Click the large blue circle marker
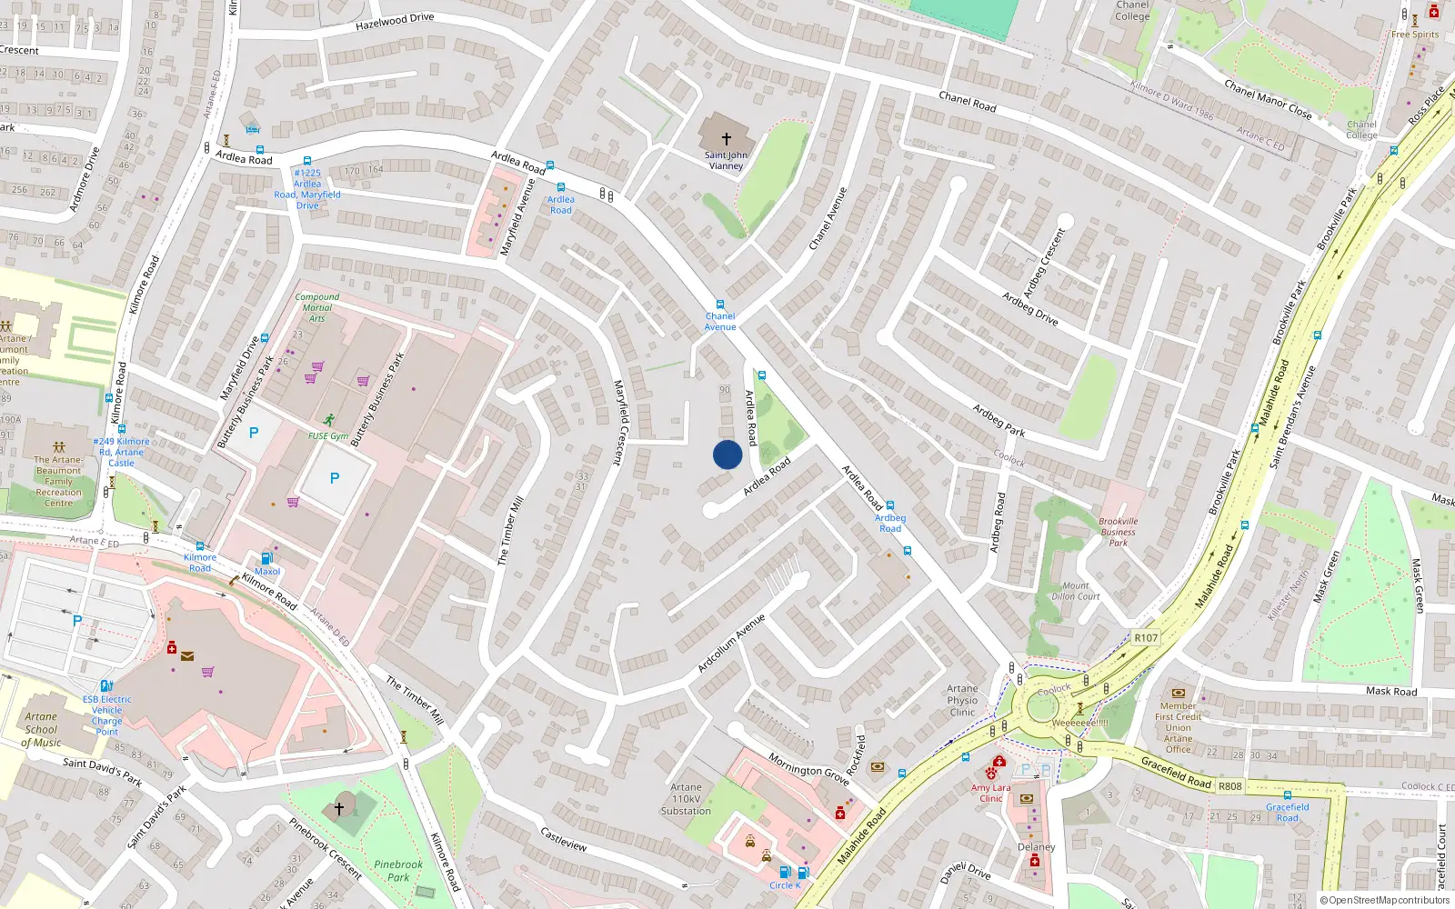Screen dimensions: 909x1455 click(727, 454)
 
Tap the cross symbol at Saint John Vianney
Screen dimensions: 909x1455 click(726, 139)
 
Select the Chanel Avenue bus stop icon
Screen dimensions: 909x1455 click(720, 305)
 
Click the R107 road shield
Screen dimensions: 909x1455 click(1146, 638)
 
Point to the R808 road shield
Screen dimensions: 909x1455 click(1230, 786)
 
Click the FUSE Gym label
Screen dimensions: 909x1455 click(327, 436)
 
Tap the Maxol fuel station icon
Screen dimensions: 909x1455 click(266, 559)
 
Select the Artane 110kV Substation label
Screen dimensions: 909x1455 click(687, 799)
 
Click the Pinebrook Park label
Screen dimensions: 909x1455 click(398, 871)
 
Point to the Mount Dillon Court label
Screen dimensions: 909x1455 click(1076, 592)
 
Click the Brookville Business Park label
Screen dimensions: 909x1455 click(1119, 532)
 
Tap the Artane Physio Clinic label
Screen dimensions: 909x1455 click(962, 700)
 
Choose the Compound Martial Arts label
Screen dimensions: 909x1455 click(317, 307)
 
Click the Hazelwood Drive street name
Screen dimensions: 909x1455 click(395, 21)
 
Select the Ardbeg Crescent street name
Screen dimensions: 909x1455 click(1044, 264)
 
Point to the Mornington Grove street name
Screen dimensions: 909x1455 click(808, 769)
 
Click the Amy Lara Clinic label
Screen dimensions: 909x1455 click(990, 793)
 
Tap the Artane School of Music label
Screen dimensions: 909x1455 click(41, 729)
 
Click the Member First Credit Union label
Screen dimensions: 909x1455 click(1178, 727)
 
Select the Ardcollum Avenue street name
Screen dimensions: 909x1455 click(731, 644)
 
